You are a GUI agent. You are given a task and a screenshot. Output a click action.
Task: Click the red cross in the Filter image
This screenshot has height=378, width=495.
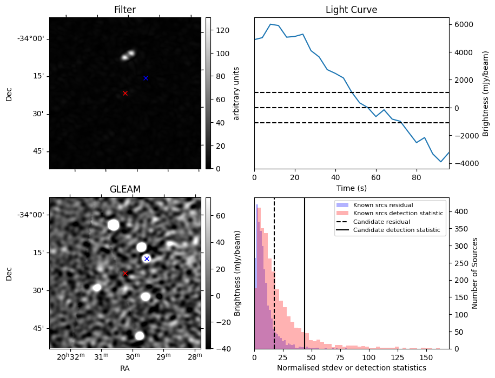125,93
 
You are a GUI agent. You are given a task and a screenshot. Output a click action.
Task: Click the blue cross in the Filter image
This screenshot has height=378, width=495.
146,78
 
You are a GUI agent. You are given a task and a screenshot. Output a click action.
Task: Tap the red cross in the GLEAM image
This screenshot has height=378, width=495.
125,273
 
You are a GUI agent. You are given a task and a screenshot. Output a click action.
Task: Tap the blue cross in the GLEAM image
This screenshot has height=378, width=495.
147,258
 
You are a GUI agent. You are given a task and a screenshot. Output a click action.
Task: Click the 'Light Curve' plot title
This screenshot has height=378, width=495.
351,10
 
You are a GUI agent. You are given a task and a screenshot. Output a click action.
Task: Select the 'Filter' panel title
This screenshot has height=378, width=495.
125,10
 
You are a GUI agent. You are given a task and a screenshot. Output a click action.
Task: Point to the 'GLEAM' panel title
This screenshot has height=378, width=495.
125,189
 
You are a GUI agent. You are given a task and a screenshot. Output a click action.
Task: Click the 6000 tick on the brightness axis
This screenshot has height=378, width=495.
464,25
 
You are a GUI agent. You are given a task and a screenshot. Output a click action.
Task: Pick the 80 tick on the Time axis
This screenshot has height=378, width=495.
417,177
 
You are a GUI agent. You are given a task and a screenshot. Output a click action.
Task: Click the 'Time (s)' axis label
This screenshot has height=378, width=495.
351,188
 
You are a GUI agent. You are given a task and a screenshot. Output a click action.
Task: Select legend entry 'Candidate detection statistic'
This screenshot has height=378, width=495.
397,230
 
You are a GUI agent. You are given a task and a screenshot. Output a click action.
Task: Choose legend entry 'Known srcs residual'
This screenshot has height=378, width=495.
383,205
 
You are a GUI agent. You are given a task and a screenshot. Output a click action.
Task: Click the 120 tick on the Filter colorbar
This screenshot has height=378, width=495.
222,30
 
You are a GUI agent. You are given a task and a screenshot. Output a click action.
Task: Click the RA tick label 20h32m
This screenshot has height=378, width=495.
71,357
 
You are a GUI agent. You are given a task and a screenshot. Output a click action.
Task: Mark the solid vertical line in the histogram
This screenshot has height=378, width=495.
305,273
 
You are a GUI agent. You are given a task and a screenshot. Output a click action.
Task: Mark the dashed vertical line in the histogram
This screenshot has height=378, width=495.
274,273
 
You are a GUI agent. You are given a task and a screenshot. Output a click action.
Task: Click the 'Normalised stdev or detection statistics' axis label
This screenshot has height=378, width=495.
351,368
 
